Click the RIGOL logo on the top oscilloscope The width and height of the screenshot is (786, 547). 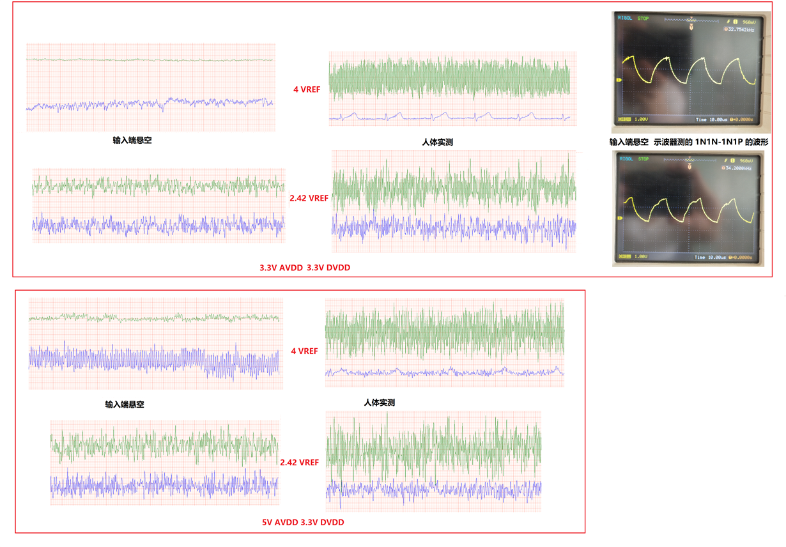624,19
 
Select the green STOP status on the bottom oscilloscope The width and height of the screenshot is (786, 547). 643,158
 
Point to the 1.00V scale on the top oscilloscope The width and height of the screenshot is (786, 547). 640,119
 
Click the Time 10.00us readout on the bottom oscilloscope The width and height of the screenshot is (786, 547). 711,258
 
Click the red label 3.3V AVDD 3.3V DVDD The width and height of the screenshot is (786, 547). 305,268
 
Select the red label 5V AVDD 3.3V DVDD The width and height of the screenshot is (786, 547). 303,522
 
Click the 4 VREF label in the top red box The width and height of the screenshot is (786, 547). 307,89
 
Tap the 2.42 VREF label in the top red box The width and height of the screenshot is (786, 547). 309,198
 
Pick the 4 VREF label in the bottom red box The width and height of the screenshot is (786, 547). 304,351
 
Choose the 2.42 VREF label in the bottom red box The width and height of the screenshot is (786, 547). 299,462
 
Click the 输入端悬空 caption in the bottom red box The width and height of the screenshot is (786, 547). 125,404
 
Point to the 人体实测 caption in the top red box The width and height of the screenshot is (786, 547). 438,142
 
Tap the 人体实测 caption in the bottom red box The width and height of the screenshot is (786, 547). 379,403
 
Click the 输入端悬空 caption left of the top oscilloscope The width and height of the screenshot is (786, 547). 629,143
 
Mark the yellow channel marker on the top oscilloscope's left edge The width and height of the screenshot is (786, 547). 619,80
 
